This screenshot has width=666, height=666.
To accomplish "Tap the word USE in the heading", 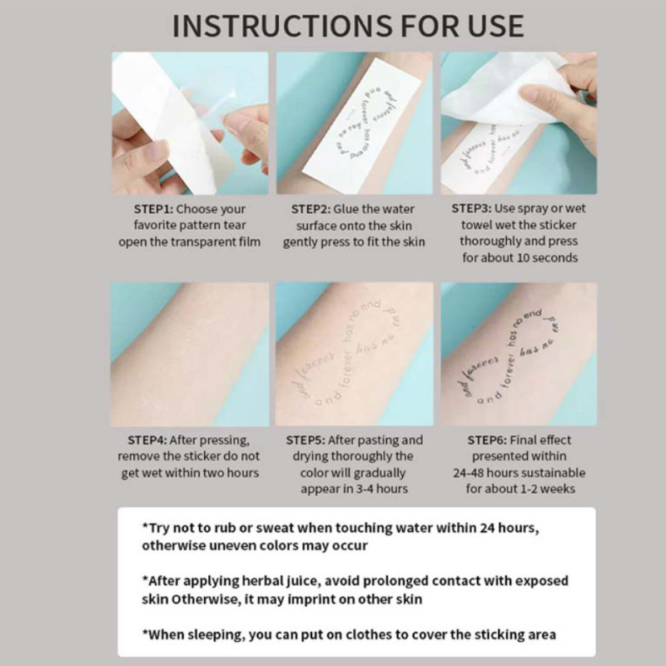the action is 495,26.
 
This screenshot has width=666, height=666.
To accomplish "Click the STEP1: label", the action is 153,210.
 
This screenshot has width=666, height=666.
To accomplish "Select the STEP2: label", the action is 311,210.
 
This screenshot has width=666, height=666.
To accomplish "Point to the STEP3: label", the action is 471,209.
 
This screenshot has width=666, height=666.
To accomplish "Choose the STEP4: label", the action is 147,440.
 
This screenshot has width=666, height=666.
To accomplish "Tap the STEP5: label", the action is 306,440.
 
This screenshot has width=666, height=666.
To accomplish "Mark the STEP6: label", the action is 487,440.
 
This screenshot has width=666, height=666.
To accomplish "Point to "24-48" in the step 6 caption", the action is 468,473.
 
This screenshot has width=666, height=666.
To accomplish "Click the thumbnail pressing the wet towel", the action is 519,123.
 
